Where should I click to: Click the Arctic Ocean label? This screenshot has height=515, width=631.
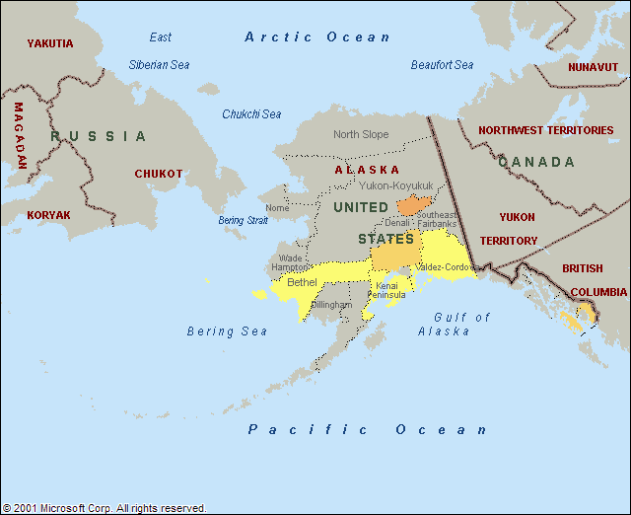(x=317, y=37)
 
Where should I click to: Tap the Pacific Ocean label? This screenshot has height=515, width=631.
(x=368, y=429)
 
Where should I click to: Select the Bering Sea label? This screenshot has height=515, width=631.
(x=227, y=331)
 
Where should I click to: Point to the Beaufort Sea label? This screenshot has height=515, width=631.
(x=442, y=65)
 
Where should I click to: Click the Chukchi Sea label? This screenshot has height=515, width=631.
(x=251, y=114)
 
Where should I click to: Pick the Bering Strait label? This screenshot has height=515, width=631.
(x=243, y=220)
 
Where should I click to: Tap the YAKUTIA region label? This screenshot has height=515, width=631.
(x=50, y=43)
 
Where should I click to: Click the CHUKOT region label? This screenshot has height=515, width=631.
(x=159, y=174)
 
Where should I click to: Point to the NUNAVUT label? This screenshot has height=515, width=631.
(x=594, y=67)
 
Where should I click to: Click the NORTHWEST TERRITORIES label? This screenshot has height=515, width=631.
(x=545, y=130)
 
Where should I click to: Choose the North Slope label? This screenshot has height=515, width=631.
(x=361, y=135)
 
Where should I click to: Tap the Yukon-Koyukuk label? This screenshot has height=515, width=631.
(x=396, y=184)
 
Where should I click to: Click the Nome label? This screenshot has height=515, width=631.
(x=277, y=208)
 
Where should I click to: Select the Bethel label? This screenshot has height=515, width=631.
(x=302, y=282)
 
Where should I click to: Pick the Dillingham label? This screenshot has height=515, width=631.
(x=331, y=305)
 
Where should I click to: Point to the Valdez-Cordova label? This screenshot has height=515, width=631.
(x=445, y=267)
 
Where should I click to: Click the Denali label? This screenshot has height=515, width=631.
(x=397, y=223)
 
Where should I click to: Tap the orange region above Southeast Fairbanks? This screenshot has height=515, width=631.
(x=412, y=205)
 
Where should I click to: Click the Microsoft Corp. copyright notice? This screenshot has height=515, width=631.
(x=105, y=508)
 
